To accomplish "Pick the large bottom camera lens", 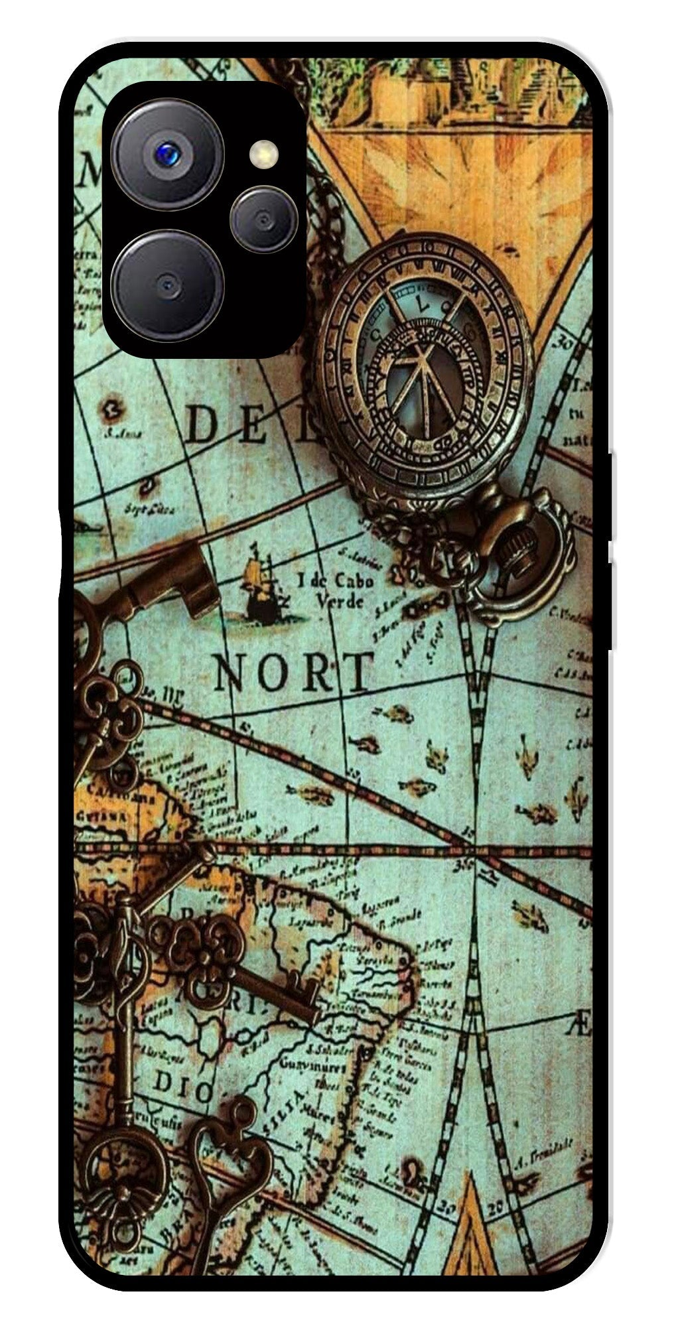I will [167, 285].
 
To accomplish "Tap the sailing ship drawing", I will [260, 587].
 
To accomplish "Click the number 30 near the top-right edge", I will [566, 344].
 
